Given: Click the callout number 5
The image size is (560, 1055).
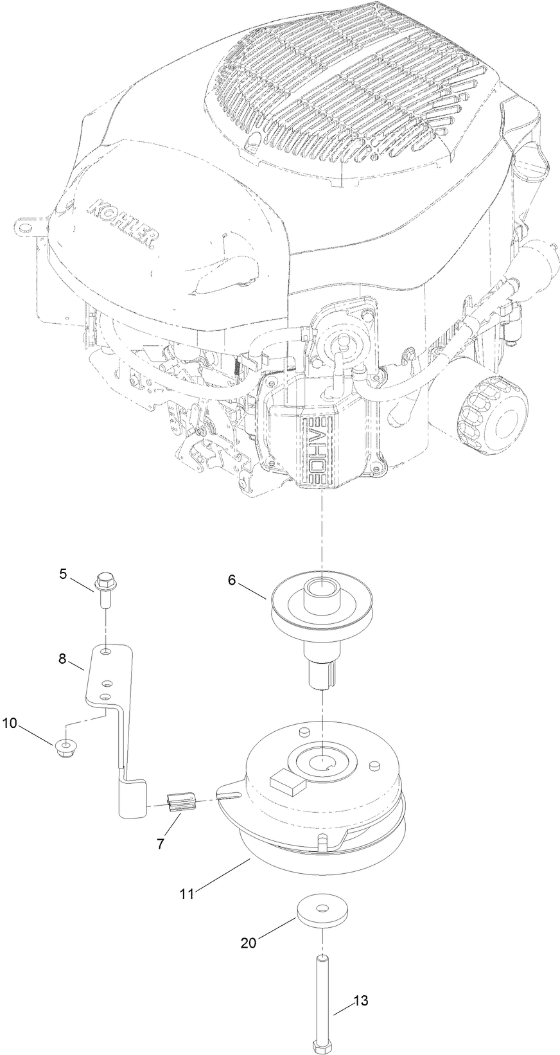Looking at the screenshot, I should pos(81,574).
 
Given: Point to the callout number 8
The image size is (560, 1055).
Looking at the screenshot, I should pos(80,659).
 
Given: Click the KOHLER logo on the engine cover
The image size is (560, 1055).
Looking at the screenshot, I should pos(121,222).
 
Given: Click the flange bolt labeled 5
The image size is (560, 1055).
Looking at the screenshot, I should pos(103,585).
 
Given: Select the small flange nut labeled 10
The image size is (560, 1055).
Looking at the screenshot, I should pos(63,747).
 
